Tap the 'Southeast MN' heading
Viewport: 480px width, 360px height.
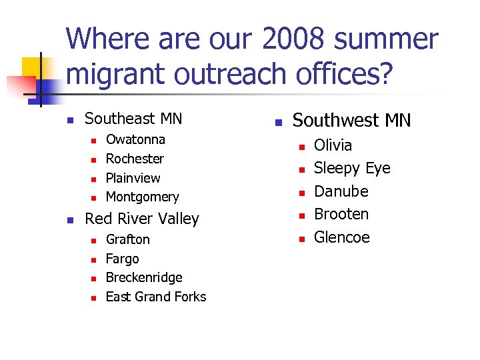pyautogui.click(x=133, y=119)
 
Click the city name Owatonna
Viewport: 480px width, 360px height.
pyautogui.click(x=135, y=139)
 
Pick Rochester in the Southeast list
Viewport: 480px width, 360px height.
pyautogui.click(x=135, y=159)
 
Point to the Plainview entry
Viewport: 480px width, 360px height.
pyautogui.click(x=133, y=178)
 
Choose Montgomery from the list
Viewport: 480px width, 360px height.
pyautogui.click(x=142, y=197)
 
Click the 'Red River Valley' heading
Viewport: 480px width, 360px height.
pyautogui.click(x=142, y=219)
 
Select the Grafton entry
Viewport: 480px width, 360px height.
pyautogui.click(x=128, y=239)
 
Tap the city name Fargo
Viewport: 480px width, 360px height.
pyautogui.click(x=123, y=259)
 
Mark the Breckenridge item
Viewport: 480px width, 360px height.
pyautogui.click(x=144, y=277)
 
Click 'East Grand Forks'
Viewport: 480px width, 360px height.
pyautogui.click(x=156, y=297)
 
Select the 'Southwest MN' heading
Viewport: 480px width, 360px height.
pyautogui.click(x=352, y=121)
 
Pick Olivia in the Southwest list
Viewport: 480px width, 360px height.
pyautogui.click(x=333, y=145)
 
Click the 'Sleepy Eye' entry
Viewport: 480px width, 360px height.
pyautogui.click(x=352, y=168)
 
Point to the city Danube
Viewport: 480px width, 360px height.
pyautogui.click(x=341, y=191)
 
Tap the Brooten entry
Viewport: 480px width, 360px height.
pyautogui.click(x=341, y=214)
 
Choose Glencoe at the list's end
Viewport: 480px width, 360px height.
pyautogui.click(x=341, y=237)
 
